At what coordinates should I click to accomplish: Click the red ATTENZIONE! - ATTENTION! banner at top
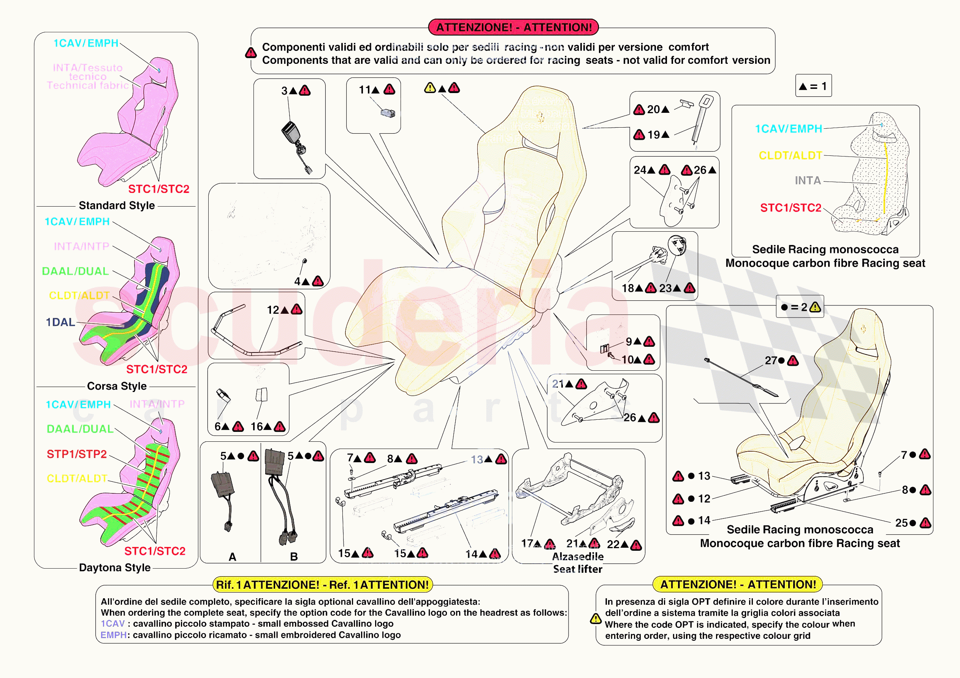[x=513, y=27]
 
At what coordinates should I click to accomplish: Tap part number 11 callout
[x=364, y=90]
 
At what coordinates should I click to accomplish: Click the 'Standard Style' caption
[x=117, y=205]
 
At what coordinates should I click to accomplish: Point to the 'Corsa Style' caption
[x=117, y=386]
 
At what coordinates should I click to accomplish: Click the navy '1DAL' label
[x=60, y=322]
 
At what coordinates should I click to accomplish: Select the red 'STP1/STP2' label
[x=76, y=454]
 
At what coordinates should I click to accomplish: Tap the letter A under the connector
[x=233, y=557]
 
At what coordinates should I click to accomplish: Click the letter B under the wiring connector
[x=294, y=557]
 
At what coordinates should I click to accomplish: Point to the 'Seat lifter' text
[x=577, y=569]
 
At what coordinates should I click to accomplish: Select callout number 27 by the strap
[x=771, y=360]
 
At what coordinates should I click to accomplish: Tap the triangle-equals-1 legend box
[x=813, y=86]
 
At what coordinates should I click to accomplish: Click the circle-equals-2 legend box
[x=800, y=307]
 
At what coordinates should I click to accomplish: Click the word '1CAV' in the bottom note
[x=112, y=624]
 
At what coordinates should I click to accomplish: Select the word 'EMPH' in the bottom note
[x=113, y=635]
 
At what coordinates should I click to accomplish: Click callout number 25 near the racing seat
[x=901, y=523]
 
